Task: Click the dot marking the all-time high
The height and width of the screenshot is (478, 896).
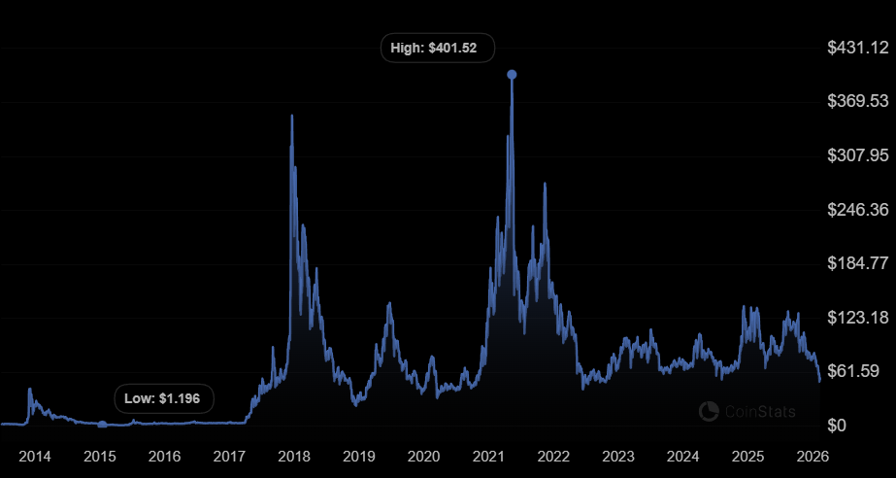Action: (x=512, y=75)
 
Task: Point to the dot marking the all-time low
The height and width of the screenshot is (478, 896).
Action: (x=102, y=424)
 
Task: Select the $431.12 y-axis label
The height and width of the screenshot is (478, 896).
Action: (x=857, y=48)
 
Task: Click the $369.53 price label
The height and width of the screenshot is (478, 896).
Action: (x=857, y=101)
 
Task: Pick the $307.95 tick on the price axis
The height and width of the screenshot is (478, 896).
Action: (x=857, y=155)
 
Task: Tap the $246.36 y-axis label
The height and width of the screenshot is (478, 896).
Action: (x=857, y=210)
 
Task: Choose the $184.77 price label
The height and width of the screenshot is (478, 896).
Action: (x=857, y=263)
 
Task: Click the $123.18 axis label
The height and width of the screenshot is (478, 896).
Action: (x=857, y=318)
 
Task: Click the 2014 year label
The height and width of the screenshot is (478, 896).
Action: (x=35, y=456)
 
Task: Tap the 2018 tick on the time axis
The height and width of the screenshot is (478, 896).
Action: (x=294, y=456)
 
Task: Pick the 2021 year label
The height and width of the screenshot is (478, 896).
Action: (x=488, y=456)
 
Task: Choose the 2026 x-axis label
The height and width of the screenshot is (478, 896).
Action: (x=812, y=456)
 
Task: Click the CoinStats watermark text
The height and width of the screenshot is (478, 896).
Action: (x=760, y=412)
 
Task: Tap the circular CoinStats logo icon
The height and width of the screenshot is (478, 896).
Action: (x=709, y=412)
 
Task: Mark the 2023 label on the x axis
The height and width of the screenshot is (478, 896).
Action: (x=618, y=456)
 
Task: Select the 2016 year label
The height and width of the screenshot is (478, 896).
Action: (x=165, y=456)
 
